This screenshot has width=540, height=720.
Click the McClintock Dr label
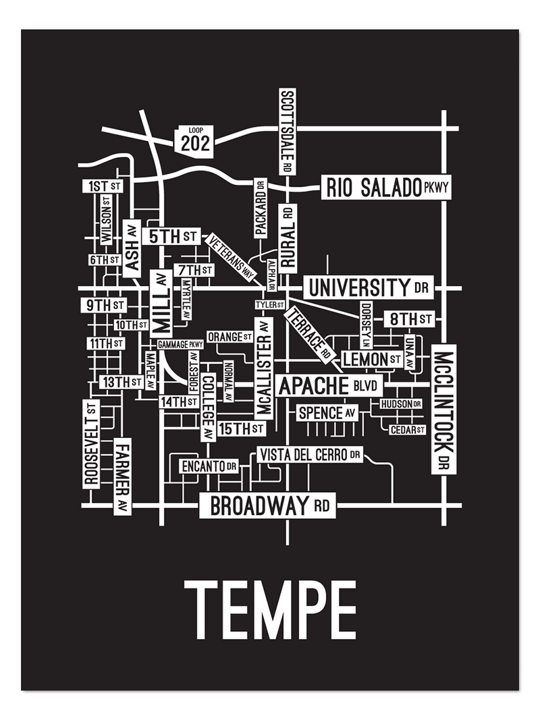click(x=443, y=409)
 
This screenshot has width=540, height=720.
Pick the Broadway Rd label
click(x=269, y=505)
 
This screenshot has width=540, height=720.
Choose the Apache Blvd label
click(x=329, y=387)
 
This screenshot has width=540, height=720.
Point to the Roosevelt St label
click(x=91, y=443)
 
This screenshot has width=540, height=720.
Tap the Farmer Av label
click(x=122, y=476)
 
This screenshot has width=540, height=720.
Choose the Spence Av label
click(x=327, y=412)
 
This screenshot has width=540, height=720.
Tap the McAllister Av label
click(x=264, y=368)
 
